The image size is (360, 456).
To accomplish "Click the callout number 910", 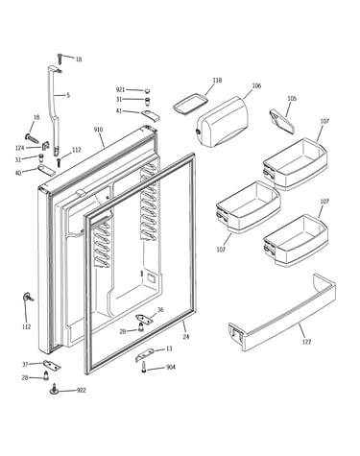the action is pyautogui.click(x=98, y=130).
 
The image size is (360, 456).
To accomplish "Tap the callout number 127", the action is pyautogui.click(x=306, y=342).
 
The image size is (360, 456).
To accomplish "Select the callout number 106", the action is pyautogui.click(x=256, y=85).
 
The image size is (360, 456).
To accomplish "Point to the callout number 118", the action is pyautogui.click(x=217, y=81).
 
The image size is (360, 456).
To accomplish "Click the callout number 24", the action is pyautogui.click(x=186, y=337).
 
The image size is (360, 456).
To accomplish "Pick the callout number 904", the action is pyautogui.click(x=171, y=367).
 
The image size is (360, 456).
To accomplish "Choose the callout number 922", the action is pyautogui.click(x=82, y=391).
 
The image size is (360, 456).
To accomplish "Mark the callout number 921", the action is pyautogui.click(x=120, y=89).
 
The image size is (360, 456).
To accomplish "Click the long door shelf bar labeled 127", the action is pyautogui.click(x=282, y=313).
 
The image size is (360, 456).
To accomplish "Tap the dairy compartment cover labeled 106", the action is pyautogui.click(x=223, y=122).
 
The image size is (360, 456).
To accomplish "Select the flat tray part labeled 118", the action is pyautogui.click(x=191, y=103).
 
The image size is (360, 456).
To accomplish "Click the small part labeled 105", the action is pyautogui.click(x=282, y=121).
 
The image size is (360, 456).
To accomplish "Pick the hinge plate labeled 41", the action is pyautogui.click(x=150, y=115).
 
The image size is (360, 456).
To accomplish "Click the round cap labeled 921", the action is pyautogui.click(x=147, y=91).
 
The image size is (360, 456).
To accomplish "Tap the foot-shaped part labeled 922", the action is pyautogui.click(x=55, y=390).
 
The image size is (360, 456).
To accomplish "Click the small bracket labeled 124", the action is pyautogui.click(x=45, y=145).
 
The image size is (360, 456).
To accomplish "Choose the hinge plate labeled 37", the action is pyautogui.click(x=52, y=365).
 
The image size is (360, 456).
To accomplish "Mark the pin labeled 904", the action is pyautogui.click(x=144, y=367).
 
